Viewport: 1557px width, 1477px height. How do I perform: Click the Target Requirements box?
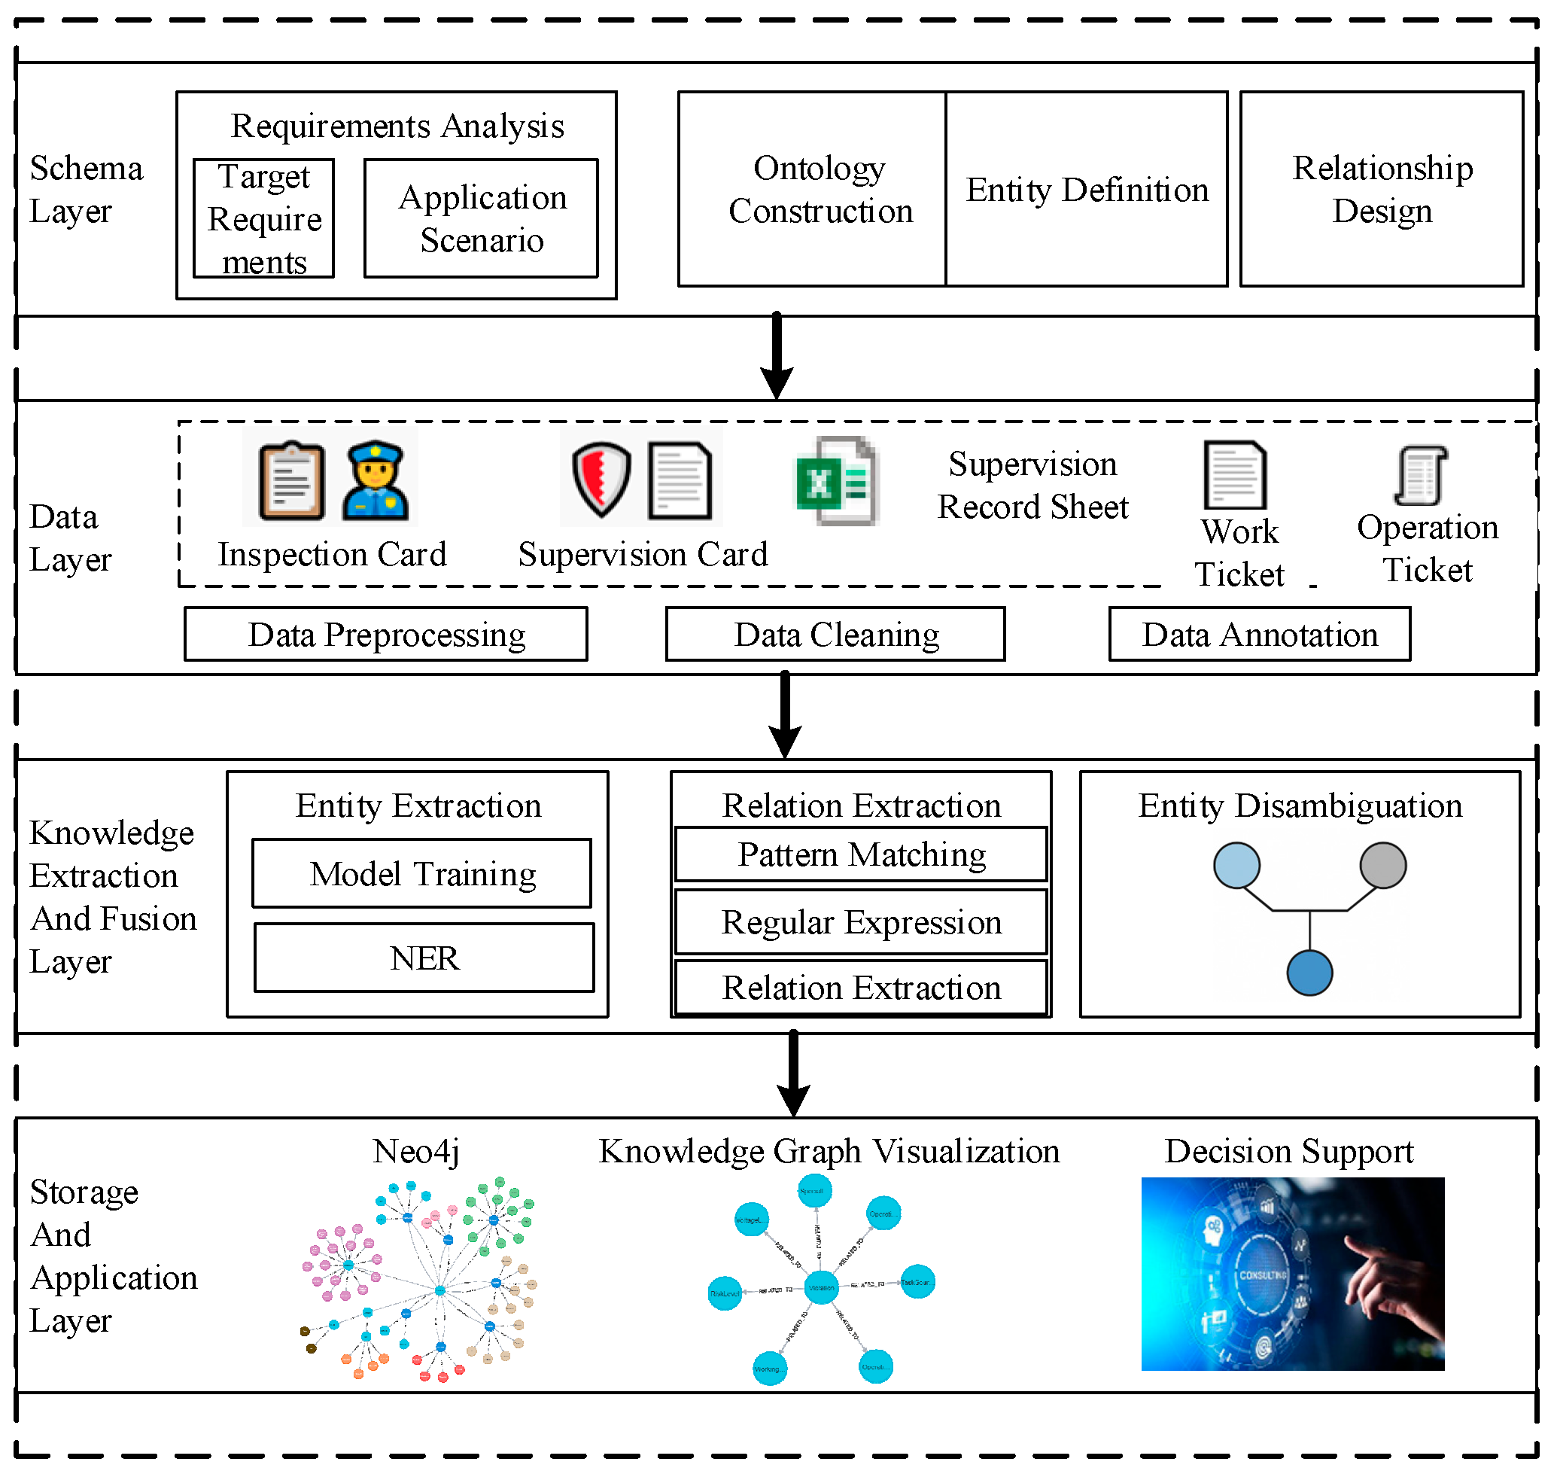263,218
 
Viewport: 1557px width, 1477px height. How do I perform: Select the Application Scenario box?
481,218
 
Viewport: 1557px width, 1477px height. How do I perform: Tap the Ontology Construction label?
820,189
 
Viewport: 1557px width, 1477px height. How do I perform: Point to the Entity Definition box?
1086,189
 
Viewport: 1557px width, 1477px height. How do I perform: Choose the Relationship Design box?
1382,189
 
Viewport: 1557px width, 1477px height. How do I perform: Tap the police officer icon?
375,480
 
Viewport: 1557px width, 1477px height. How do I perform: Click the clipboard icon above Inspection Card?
291,480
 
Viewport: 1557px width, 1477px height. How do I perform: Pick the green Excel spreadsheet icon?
836,480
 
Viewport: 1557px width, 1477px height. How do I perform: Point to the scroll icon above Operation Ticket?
1421,475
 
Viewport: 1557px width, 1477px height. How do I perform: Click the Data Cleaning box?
835,634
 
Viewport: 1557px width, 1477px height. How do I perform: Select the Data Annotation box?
1260,634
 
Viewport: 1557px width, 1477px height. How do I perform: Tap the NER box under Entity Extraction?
424,958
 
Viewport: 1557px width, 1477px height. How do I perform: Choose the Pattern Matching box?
861,854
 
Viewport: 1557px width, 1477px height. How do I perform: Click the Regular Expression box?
861,922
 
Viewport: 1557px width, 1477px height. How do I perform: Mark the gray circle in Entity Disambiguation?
1383,865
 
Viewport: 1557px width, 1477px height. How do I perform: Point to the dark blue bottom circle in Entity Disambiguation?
1310,973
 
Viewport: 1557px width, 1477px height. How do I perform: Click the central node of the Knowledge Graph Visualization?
821,1288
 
